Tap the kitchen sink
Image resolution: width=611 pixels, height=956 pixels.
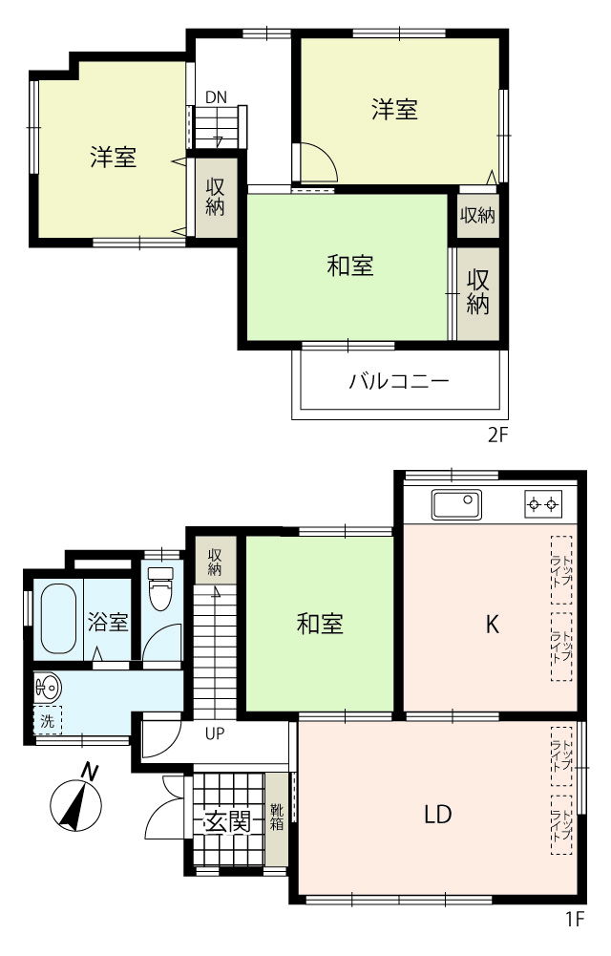[x=456, y=504]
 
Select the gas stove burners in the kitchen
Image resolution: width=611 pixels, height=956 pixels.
[x=543, y=504]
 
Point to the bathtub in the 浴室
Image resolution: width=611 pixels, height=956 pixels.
[x=58, y=619]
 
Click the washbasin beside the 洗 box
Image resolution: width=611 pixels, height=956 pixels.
[x=48, y=689]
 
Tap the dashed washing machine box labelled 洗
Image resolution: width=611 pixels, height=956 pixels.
[x=48, y=721]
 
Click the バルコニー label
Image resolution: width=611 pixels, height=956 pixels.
[x=399, y=382]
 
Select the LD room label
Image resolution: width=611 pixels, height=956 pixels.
[x=437, y=814]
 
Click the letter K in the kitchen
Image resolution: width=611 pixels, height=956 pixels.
[x=493, y=625]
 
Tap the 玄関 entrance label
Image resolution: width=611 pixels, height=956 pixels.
[x=226, y=822]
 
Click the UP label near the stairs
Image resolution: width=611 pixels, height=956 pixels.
[x=215, y=733]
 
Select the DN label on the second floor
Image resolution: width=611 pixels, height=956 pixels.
[x=216, y=97]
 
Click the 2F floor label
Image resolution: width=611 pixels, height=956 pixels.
[x=497, y=436]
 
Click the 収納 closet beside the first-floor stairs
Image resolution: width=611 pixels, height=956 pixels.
[x=215, y=561]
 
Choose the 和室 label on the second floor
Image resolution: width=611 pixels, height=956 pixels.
[x=350, y=266]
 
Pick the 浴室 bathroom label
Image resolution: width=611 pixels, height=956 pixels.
[x=108, y=622]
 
